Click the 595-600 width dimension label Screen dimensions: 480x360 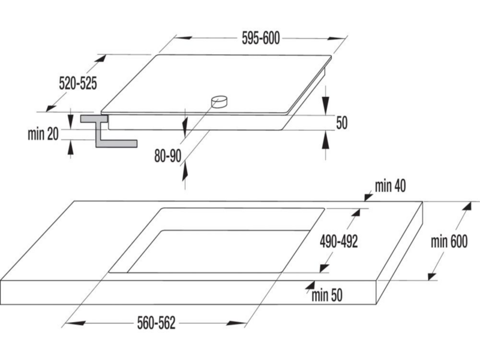[261, 38]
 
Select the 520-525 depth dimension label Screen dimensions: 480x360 [78, 83]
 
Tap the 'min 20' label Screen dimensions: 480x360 [43, 134]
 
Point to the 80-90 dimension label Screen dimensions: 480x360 [168, 156]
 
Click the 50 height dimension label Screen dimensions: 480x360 [342, 123]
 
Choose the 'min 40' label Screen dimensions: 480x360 [391, 186]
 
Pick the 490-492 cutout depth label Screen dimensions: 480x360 [338, 241]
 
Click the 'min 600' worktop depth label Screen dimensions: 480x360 [449, 241]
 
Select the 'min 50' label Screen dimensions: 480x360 [327, 295]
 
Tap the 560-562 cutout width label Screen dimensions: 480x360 [156, 323]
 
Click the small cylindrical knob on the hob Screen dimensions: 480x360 [219, 102]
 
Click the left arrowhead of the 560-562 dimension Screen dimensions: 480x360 [74, 323]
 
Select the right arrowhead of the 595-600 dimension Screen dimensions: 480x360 [336, 39]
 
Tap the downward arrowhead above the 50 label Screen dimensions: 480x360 [326, 106]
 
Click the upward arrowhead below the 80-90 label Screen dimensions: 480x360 [185, 172]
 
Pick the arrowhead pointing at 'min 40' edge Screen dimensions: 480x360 [368, 197]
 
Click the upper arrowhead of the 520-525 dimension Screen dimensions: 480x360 [100, 59]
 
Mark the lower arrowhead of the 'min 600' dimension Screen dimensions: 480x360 [432, 276]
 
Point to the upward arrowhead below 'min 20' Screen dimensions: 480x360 [71, 149]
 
